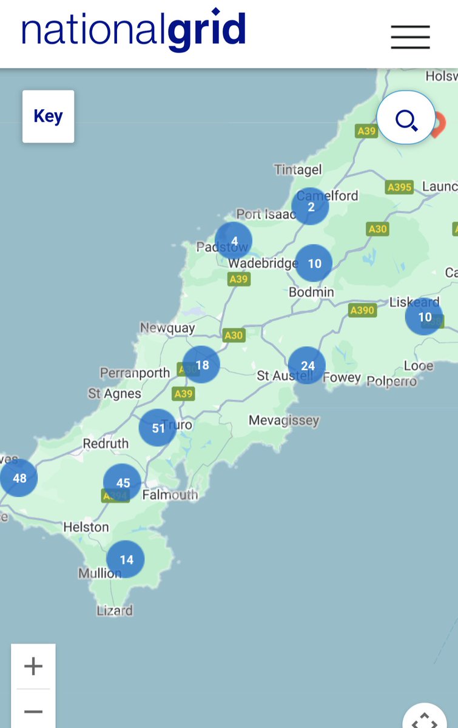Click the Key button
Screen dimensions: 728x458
48,116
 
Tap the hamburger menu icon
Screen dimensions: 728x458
410,37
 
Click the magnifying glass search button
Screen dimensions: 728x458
406,118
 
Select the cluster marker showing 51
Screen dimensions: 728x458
158,428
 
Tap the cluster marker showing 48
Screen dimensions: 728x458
19,478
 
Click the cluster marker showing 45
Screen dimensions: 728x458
123,483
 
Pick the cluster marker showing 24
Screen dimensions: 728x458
307,366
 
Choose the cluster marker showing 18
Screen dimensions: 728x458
201,365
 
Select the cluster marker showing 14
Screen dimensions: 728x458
126,559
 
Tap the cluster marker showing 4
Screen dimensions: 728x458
234,241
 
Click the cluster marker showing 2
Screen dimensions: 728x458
311,207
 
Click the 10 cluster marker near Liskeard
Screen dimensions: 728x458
424,317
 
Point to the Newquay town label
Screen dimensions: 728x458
167,328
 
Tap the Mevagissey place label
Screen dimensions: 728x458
283,420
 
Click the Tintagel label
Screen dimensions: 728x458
298,170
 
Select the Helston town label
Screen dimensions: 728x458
86,527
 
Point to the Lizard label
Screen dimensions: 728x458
115,610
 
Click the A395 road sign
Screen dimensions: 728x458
399,187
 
